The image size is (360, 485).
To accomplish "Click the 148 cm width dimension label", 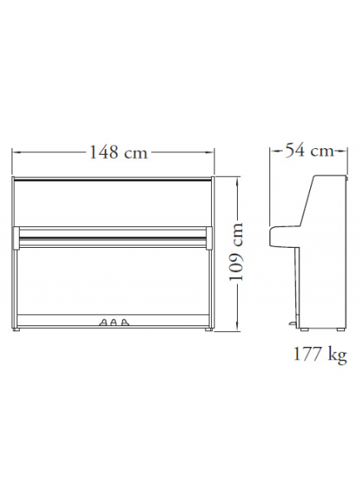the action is click(x=118, y=152).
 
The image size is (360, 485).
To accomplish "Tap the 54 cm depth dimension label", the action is click(x=309, y=151).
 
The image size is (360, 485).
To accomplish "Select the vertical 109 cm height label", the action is click(x=236, y=252).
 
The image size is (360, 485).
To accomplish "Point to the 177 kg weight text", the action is click(x=320, y=354).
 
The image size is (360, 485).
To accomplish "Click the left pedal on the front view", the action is click(x=103, y=322).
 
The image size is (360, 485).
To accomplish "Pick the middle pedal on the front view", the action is click(x=113, y=322).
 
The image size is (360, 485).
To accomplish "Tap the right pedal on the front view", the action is click(x=124, y=322).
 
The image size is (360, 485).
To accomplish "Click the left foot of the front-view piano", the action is click(x=17, y=329).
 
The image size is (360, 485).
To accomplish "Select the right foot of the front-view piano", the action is click(x=210, y=329).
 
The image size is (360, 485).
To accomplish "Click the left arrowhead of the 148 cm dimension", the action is click(x=16, y=152).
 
